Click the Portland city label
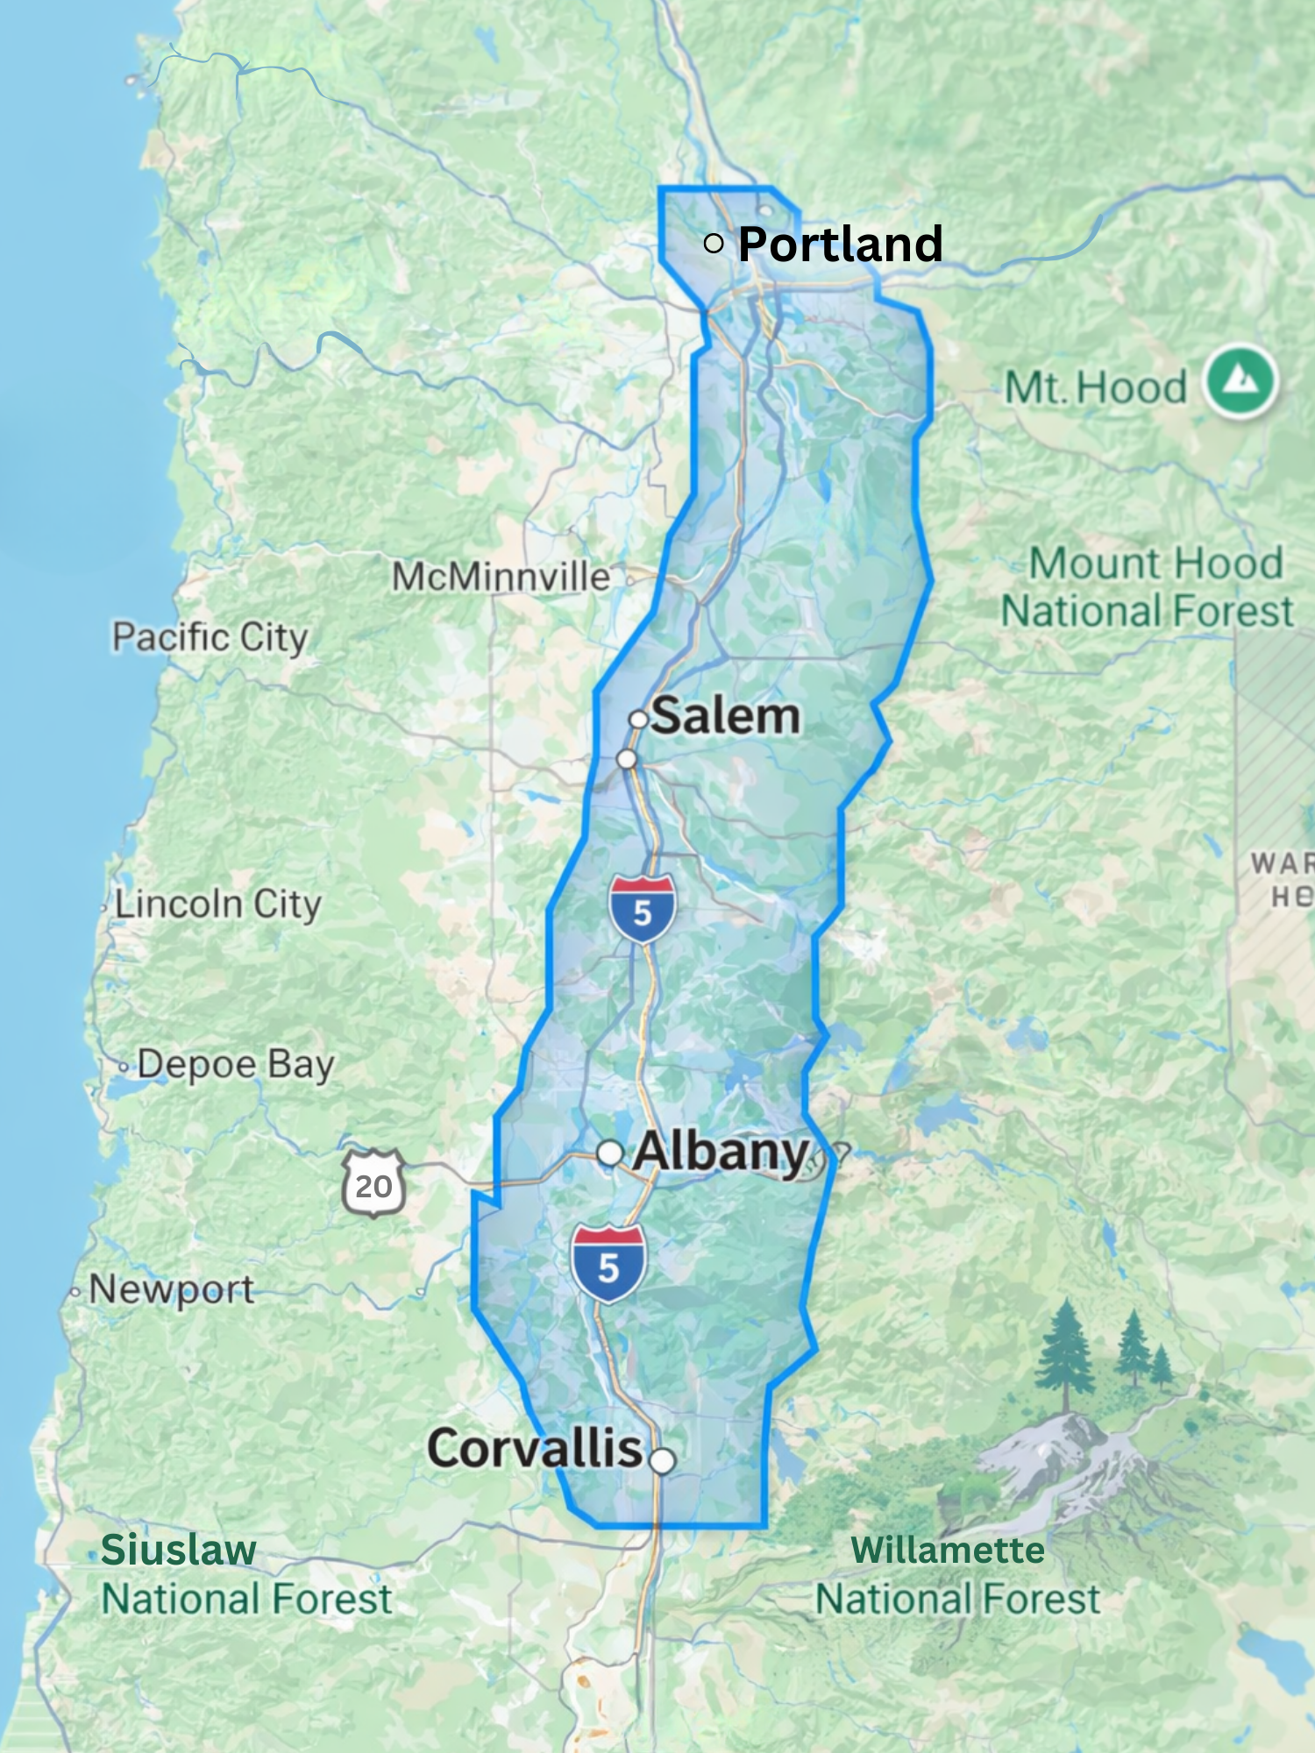pyautogui.click(x=840, y=244)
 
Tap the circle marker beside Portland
pyautogui.click(x=714, y=243)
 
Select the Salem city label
pyautogui.click(x=726, y=716)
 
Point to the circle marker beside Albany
pyautogui.click(x=609, y=1153)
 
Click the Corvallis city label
pyautogui.click(x=535, y=1448)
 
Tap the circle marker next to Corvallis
pyautogui.click(x=663, y=1460)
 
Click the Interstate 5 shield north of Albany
pyautogui.click(x=643, y=909)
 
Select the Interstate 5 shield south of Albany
pyautogui.click(x=608, y=1264)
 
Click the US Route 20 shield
pyautogui.click(x=373, y=1184)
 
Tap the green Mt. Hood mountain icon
pyautogui.click(x=1240, y=380)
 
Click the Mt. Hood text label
pyautogui.click(x=1095, y=387)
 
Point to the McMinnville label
pyautogui.click(x=501, y=577)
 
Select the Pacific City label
pyautogui.click(x=210, y=637)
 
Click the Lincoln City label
pyautogui.click(x=217, y=904)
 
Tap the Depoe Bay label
pyautogui.click(x=235, y=1064)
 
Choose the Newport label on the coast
pyautogui.click(x=171, y=1289)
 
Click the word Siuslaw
pyautogui.click(x=178, y=1550)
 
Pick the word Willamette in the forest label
pyautogui.click(x=948, y=1550)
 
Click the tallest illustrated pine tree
pyautogui.click(x=1066, y=1354)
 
